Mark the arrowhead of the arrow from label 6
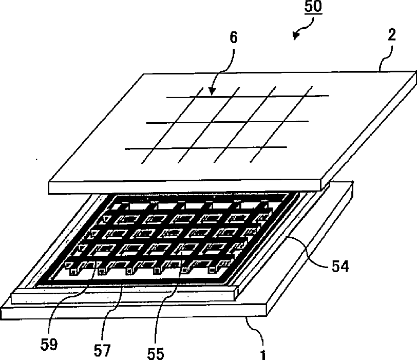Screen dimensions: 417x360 point(211,92)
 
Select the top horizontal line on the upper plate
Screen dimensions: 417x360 point(247,96)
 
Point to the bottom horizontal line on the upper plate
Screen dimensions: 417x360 point(205,148)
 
